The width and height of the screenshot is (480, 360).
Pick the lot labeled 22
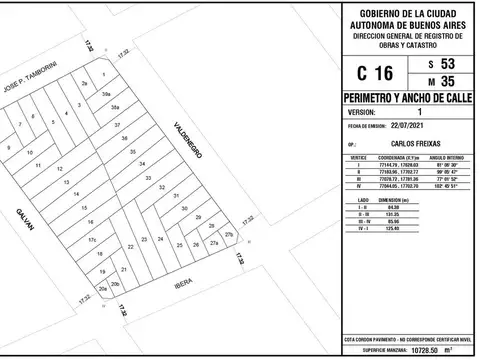130,244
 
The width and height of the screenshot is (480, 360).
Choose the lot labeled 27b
229,234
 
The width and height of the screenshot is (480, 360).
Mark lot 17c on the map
91,241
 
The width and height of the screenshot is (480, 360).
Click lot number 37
117,125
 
